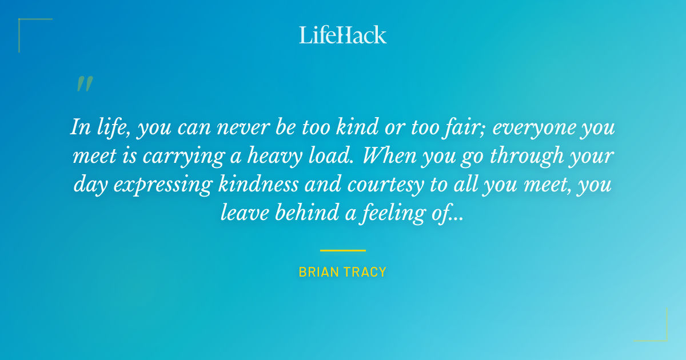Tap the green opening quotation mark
click(84, 84)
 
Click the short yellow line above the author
click(343, 250)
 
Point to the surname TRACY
click(366, 272)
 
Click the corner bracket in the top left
click(23, 23)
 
